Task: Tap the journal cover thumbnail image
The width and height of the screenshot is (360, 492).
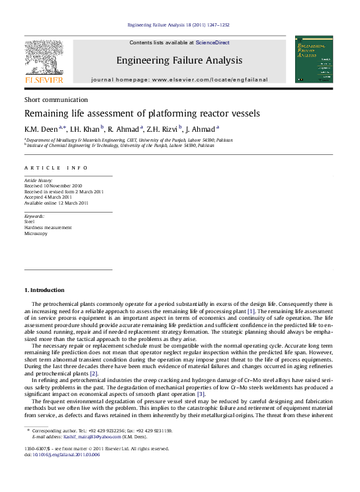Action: point(314,59)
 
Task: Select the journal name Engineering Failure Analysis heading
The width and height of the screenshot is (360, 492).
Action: point(179,60)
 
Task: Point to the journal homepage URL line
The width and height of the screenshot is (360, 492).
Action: point(179,79)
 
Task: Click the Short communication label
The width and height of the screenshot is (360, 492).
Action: point(50,99)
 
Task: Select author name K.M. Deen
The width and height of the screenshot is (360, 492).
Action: point(41,129)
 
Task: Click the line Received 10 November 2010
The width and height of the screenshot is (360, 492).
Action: point(54,186)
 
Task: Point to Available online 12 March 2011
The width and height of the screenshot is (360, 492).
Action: point(56,203)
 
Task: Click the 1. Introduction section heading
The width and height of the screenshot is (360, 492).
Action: point(44,290)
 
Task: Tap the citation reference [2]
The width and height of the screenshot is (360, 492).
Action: point(94,373)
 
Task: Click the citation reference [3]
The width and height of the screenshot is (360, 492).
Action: point(201,394)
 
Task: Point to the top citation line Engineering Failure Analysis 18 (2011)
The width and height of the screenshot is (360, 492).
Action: point(179,25)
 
